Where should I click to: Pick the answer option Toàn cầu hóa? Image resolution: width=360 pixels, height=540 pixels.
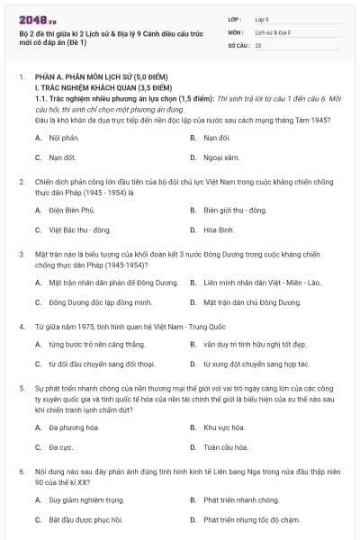pos(224,446)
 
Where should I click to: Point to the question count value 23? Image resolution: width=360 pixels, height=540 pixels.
pos(258,44)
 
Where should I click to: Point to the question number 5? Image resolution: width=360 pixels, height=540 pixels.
pos(22,386)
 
